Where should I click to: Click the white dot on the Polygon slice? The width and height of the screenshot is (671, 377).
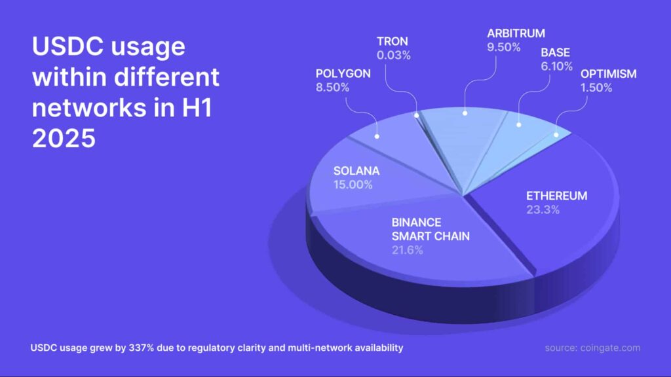pyautogui.click(x=377, y=136)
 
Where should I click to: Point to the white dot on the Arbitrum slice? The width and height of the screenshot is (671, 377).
pyautogui.click(x=465, y=113)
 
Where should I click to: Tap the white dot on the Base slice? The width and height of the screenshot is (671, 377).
pyautogui.click(x=519, y=125)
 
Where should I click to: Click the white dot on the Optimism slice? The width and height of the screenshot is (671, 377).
pyautogui.click(x=556, y=135)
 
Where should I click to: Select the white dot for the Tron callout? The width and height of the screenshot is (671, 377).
pyautogui.click(x=416, y=115)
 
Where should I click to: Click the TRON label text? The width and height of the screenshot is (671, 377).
pyautogui.click(x=393, y=41)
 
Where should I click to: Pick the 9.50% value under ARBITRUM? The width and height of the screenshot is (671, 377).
pyautogui.click(x=504, y=47)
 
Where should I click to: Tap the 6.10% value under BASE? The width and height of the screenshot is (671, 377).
pyautogui.click(x=557, y=66)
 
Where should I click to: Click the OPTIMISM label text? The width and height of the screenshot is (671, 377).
pyautogui.click(x=609, y=73)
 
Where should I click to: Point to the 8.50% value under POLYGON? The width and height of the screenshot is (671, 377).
pyautogui.click(x=332, y=87)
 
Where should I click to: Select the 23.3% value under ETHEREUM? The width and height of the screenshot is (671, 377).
pyautogui.click(x=543, y=209)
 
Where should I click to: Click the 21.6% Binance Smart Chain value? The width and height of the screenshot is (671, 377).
pyautogui.click(x=408, y=250)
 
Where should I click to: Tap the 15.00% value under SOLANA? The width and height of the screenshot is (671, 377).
pyautogui.click(x=353, y=185)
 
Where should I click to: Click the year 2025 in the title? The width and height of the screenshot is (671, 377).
pyautogui.click(x=64, y=139)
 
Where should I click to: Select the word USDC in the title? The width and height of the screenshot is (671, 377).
pyautogui.click(x=66, y=46)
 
